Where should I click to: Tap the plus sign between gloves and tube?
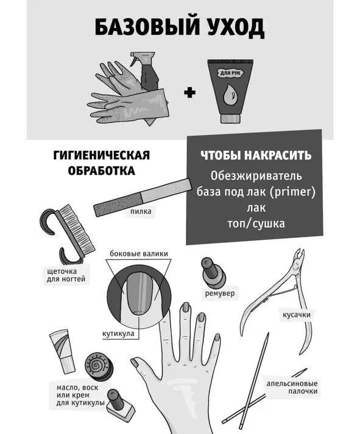coord(189,93)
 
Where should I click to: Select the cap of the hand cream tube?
coord(230,118)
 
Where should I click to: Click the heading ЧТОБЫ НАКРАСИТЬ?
coord(256,155)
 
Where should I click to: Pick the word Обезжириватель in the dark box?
coord(256,176)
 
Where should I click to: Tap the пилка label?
coord(141,211)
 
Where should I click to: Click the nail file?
coord(143,197)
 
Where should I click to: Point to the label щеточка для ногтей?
coord(66,275)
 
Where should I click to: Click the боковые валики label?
coord(139,254)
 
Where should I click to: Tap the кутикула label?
coord(118,334)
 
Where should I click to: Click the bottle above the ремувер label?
coord(214,273)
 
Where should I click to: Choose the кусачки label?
coord(297,315)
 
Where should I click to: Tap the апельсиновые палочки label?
coord(292,388)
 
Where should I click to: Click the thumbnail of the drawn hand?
coord(136,363)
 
